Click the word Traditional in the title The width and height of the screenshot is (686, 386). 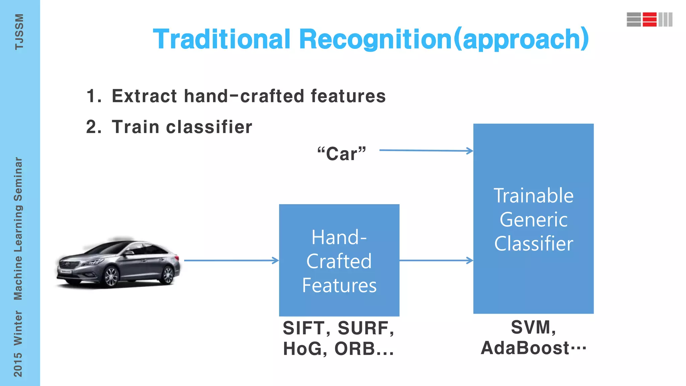pos(221,39)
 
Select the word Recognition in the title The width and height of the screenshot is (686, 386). pos(375,39)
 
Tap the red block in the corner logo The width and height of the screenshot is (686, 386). pos(649,19)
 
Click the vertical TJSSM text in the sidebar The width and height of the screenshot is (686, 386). pos(19,32)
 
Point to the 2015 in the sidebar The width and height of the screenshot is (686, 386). pos(18,365)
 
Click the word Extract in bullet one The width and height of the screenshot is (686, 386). pos(144,96)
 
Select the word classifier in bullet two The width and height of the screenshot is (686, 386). pos(209,127)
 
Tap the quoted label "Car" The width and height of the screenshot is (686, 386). pos(342,154)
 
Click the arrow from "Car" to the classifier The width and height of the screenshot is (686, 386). pos(425,150)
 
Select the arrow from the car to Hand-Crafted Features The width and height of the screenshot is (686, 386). pos(231,260)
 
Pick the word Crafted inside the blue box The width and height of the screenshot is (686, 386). pos(339,261)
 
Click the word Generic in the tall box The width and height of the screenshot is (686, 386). pos(534,220)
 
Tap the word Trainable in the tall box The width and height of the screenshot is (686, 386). pos(534,196)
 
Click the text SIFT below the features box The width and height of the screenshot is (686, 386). pos(303,328)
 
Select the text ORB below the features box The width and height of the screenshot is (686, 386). pos(355,349)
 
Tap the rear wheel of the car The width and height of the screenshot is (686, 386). pos(167,275)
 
